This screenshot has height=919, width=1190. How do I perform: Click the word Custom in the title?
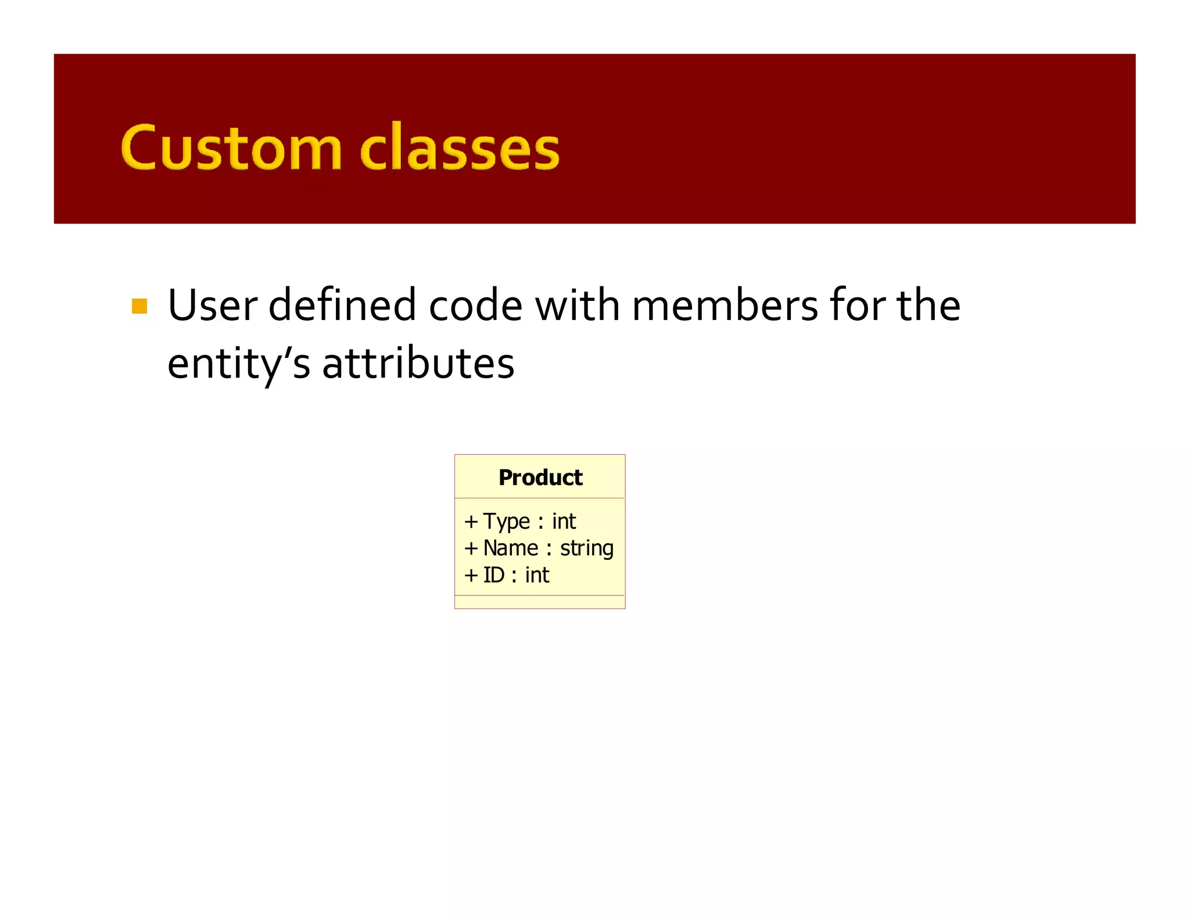point(231,148)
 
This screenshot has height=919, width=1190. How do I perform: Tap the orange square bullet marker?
point(139,306)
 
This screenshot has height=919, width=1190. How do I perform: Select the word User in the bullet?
point(212,306)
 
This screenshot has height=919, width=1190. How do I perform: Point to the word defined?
point(342,306)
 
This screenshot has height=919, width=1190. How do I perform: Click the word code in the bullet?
point(475,306)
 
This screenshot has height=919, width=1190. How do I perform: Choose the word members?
point(724,306)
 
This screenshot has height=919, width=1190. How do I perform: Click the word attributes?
point(418,363)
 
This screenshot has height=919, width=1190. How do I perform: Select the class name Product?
point(540,478)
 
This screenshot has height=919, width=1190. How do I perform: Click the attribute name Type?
point(507,522)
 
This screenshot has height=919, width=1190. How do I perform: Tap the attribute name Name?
point(511,548)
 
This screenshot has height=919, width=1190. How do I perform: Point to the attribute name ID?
point(494,575)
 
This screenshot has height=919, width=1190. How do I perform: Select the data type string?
point(586,549)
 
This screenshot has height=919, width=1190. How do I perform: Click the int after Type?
point(564,522)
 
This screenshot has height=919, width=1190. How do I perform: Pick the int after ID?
point(537,575)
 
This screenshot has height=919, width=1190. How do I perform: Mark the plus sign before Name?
point(471,548)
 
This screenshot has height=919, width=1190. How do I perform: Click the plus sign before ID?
point(471,575)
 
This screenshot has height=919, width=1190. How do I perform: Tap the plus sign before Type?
point(471,522)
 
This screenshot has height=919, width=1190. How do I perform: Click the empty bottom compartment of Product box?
point(540,602)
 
